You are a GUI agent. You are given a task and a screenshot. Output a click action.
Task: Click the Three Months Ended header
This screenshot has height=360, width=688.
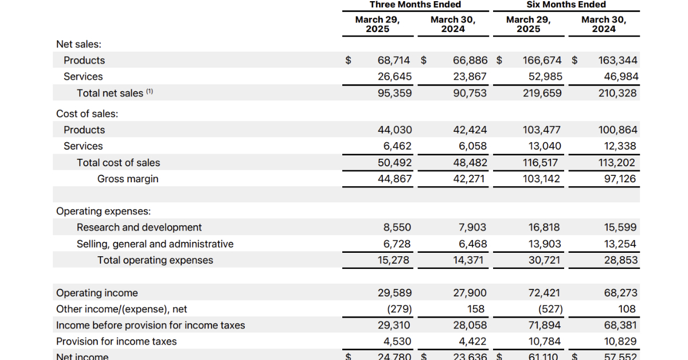tap(415, 5)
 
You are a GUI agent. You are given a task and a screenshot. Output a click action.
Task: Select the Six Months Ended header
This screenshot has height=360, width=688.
tap(566, 5)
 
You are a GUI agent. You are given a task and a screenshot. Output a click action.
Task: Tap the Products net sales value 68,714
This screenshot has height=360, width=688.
tap(394, 60)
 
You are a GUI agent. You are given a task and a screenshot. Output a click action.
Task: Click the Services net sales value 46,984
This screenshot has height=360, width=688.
tap(617, 77)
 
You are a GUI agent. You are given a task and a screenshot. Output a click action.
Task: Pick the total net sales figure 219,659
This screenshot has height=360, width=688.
tap(542, 93)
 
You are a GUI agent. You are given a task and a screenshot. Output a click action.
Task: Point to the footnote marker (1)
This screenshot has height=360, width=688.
tap(150, 91)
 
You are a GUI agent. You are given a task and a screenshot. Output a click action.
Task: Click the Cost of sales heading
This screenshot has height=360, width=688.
tap(87, 114)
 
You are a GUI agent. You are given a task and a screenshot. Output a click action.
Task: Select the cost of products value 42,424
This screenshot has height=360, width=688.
tap(470, 130)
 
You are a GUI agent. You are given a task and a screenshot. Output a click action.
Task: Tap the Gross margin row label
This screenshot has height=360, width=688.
tap(127, 179)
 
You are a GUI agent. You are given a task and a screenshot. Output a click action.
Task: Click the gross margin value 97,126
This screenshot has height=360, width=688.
tap(620, 179)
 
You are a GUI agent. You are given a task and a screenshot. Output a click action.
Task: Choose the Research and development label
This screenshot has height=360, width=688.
tap(139, 228)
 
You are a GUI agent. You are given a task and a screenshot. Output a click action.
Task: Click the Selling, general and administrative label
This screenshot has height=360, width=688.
tap(155, 244)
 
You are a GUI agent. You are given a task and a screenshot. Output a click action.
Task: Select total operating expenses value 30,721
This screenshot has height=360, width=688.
tap(544, 260)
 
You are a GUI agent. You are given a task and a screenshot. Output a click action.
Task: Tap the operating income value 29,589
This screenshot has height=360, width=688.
tap(394, 293)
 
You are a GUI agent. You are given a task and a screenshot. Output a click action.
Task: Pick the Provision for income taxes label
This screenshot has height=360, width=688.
tap(116, 342)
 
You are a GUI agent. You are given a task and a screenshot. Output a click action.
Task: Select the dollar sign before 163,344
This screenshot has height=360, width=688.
tap(574, 60)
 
